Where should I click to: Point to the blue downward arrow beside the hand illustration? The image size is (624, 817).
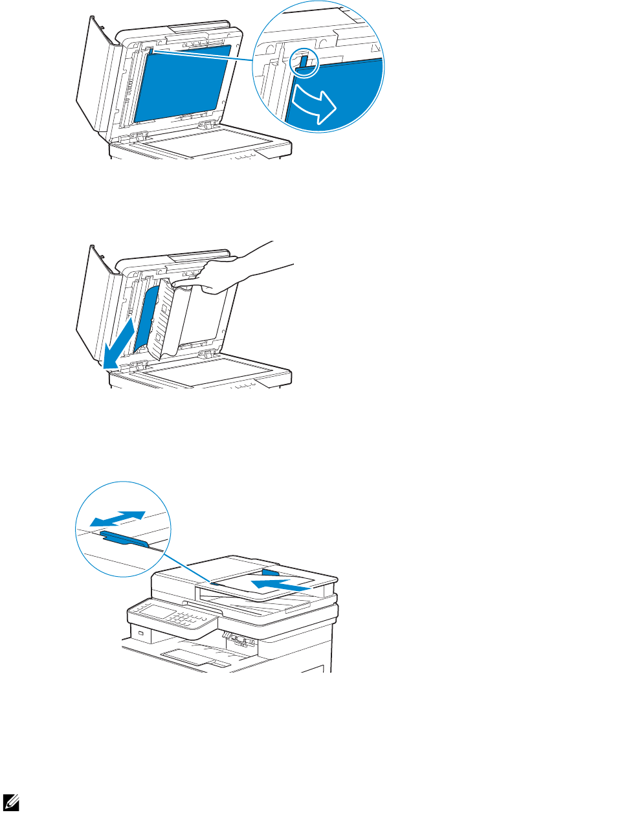click(120, 343)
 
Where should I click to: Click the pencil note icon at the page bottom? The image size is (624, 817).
click(11, 803)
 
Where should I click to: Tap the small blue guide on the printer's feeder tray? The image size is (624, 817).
click(270, 572)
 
